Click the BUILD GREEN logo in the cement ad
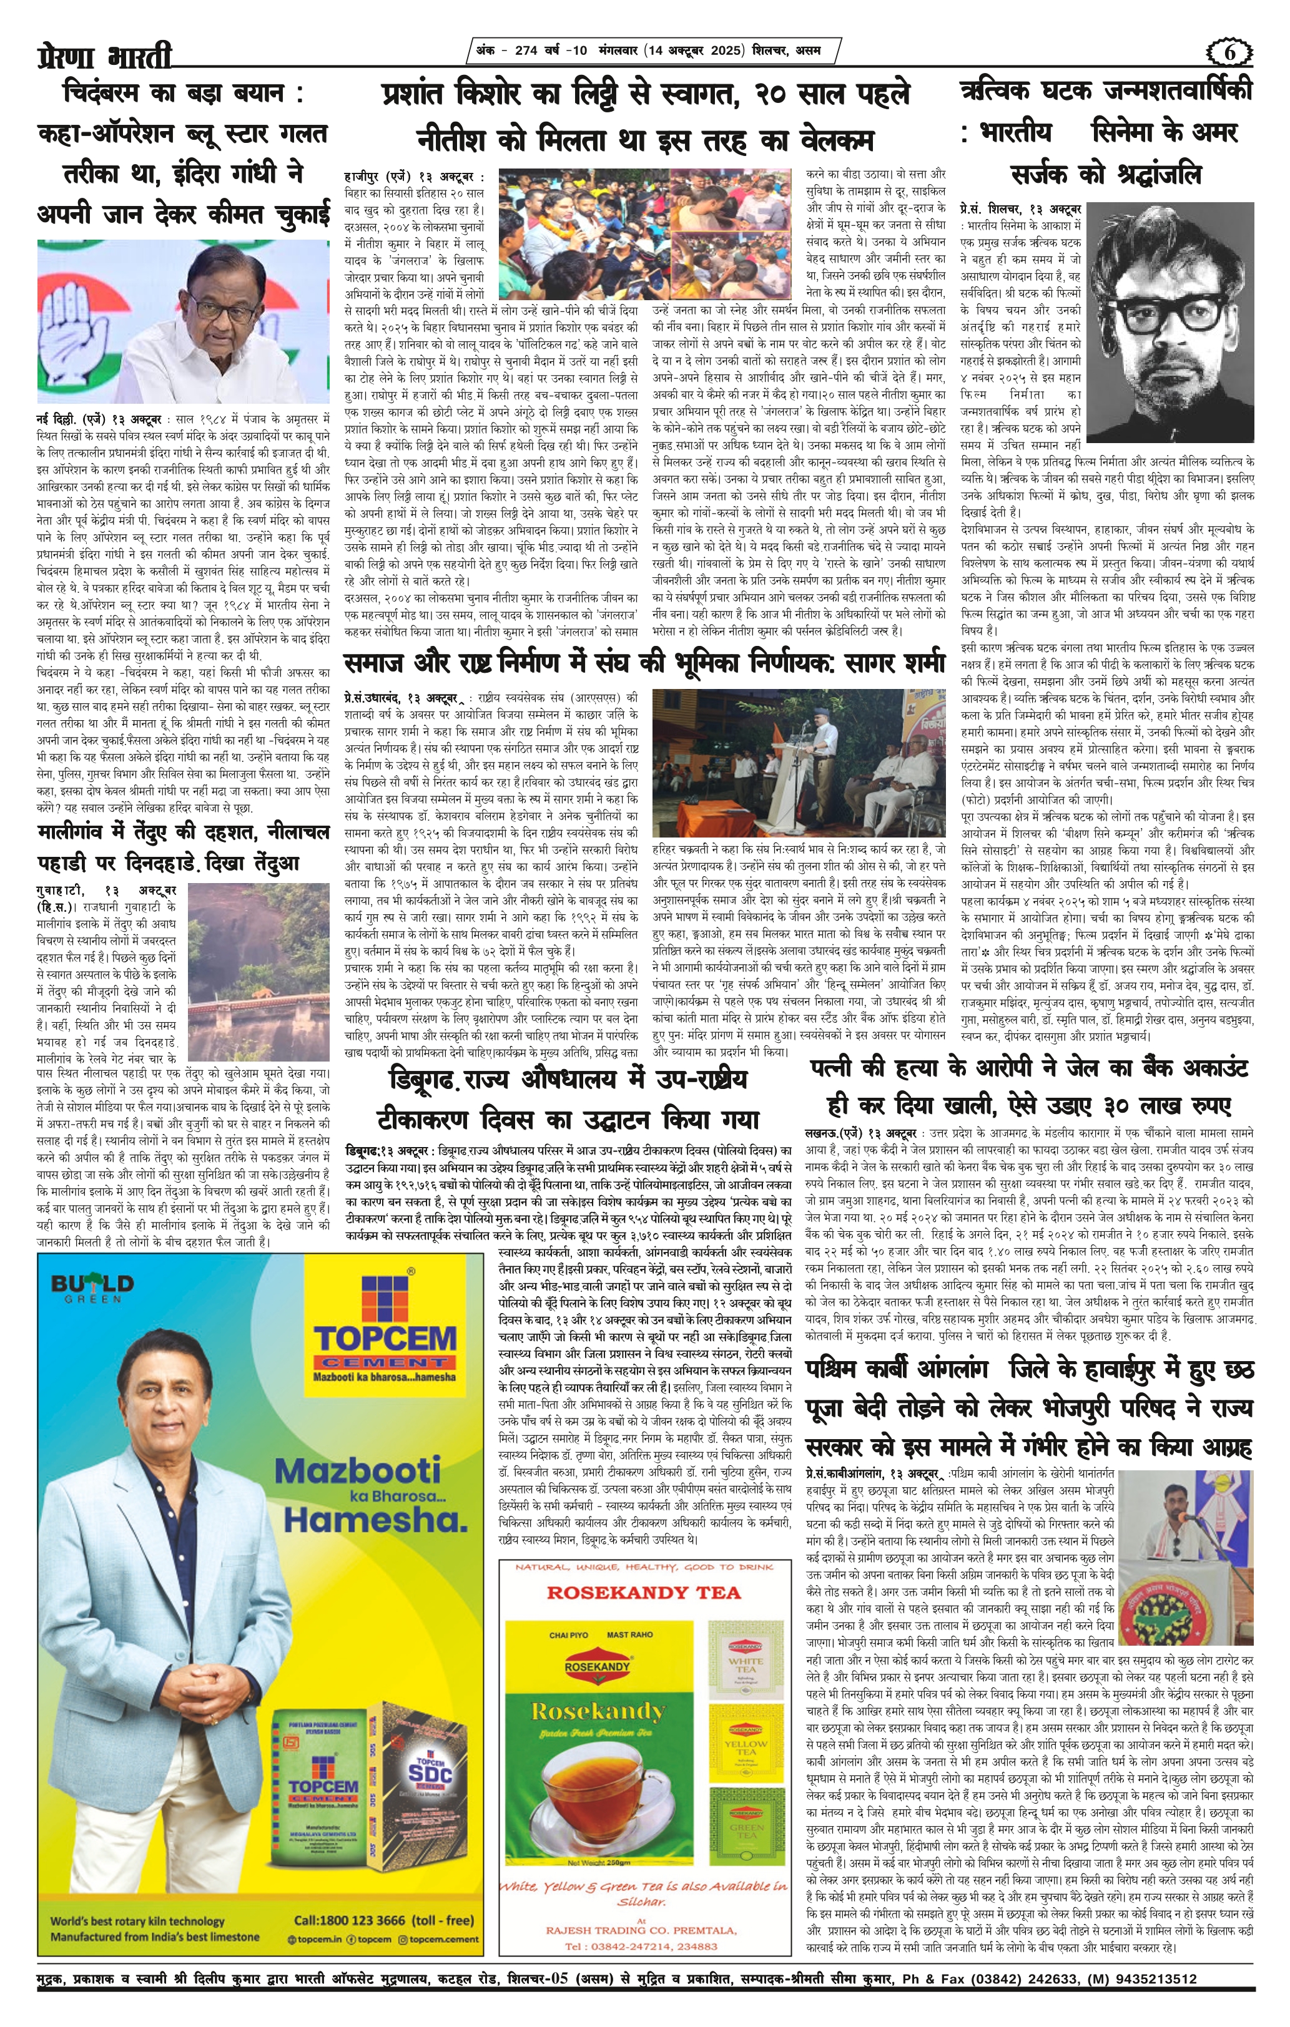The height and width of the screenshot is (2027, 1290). (92, 1288)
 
